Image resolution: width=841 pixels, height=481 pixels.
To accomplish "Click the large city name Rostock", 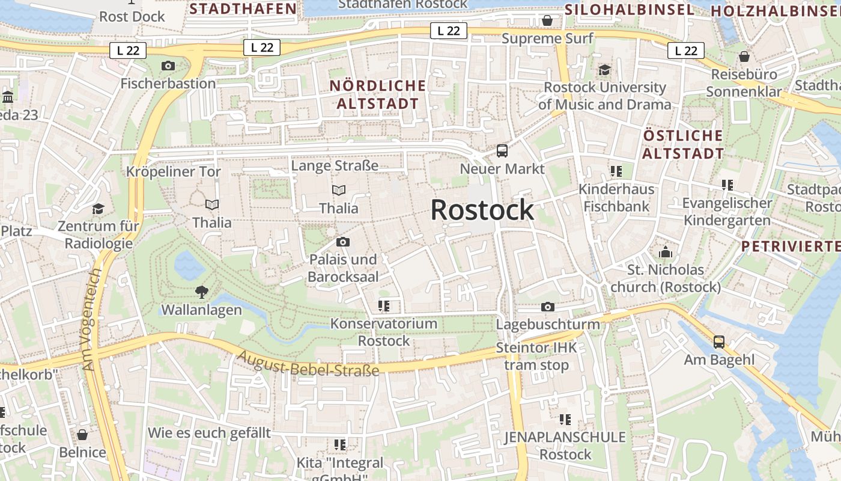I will click(x=482, y=210).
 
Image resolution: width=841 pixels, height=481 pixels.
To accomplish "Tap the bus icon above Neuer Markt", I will click(x=502, y=151).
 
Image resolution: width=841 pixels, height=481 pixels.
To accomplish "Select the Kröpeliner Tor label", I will click(x=174, y=171).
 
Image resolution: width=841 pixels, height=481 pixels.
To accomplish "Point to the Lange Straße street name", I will click(x=335, y=165).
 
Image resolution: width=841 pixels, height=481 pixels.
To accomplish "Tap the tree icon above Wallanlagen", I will click(x=202, y=292).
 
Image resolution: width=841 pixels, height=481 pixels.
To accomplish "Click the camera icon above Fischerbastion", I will click(x=168, y=66).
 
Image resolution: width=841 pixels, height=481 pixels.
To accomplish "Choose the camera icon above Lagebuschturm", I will click(x=547, y=307).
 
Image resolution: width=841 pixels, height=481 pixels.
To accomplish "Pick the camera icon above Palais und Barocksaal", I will click(x=343, y=242).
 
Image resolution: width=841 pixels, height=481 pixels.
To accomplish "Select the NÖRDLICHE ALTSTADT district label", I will click(x=377, y=94).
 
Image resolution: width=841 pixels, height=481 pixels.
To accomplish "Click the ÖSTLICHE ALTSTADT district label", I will click(x=683, y=144).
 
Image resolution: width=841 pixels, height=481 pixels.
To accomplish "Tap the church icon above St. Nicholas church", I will click(x=665, y=252).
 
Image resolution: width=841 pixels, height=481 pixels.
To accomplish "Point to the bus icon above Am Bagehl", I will click(x=719, y=342).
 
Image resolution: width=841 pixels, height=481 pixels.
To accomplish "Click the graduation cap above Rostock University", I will click(x=604, y=70).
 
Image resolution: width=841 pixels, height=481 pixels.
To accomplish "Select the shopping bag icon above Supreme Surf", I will click(x=547, y=21).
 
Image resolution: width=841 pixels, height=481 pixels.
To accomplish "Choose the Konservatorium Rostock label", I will click(x=384, y=332).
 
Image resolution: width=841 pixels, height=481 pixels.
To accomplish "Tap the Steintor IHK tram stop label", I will click(x=536, y=357).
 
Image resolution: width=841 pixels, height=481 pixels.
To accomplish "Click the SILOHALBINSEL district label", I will click(x=630, y=10).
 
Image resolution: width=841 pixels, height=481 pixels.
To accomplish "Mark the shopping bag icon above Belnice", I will click(x=82, y=435).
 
